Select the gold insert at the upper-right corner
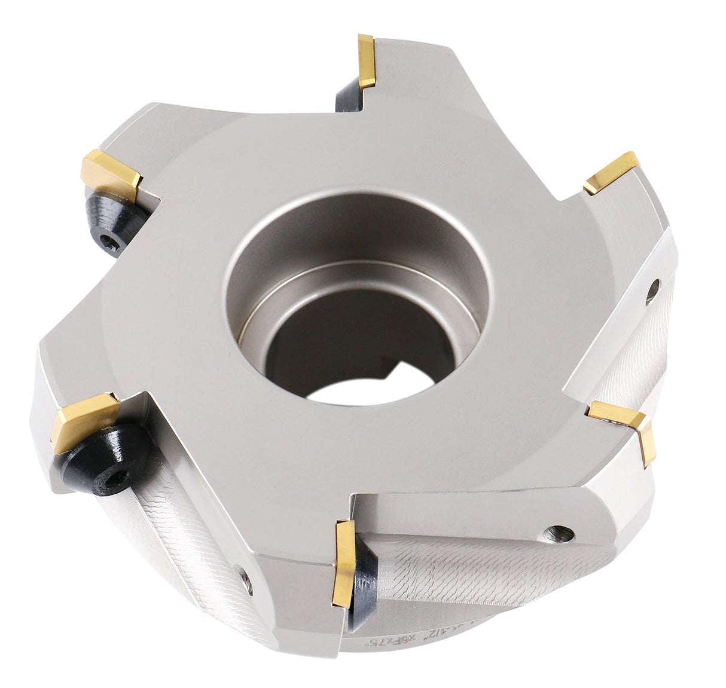[611, 172]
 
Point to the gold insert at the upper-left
[112, 174]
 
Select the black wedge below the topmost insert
[350, 97]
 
